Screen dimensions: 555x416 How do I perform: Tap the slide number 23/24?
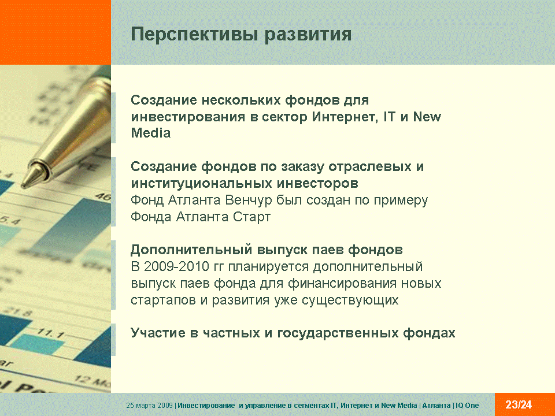[519, 404]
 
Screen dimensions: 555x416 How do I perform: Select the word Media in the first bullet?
[151, 133]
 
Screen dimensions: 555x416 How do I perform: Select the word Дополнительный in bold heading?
[191, 250]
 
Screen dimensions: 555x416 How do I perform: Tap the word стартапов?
[163, 300]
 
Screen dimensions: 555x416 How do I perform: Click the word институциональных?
[202, 184]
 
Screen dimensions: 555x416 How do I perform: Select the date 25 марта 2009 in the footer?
[149, 406]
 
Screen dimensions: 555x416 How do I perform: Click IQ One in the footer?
[467, 406]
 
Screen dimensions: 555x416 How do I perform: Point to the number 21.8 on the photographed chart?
[18, 311]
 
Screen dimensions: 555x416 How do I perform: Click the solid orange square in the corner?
[55, 32]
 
